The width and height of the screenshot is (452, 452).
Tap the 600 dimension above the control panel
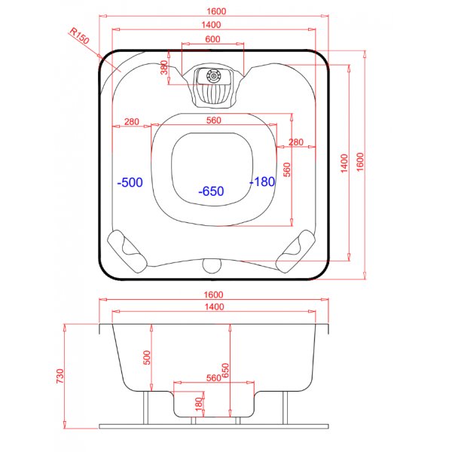click(212, 39)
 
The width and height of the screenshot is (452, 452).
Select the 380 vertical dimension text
click(165, 69)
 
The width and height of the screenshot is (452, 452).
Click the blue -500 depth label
click(130, 182)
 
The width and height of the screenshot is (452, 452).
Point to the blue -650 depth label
click(211, 191)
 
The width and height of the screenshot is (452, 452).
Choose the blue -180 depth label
click(262, 182)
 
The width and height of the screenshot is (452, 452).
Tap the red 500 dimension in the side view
click(147, 358)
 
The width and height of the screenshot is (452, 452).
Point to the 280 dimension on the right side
click(295, 142)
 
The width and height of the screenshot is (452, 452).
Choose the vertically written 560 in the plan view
click(286, 169)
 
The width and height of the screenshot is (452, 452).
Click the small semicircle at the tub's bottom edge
click(212, 264)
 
